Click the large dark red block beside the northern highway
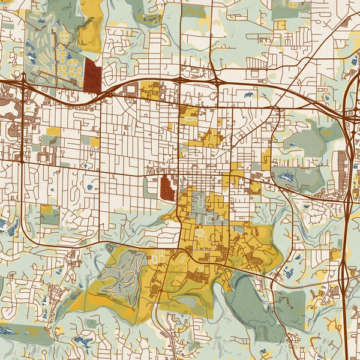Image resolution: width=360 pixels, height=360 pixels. coord(92,76)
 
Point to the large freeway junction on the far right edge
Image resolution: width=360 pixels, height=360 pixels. coord(350,114)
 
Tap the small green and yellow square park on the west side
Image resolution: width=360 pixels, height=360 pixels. coord(50,214)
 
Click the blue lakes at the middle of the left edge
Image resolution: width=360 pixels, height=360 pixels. coord(7,226)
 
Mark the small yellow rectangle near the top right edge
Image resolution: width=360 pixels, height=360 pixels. coord(280,25)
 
